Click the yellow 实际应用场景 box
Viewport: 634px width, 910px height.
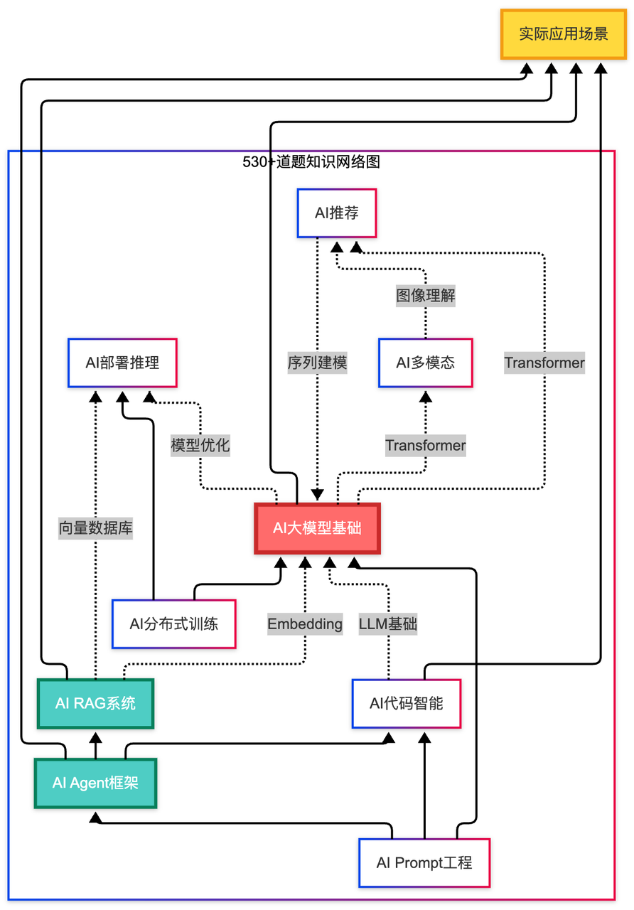(x=564, y=33)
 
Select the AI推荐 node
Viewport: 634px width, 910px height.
(x=336, y=213)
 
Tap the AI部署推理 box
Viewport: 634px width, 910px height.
(x=122, y=363)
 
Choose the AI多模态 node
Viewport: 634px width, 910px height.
(x=425, y=363)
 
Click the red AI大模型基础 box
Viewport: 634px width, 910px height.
(x=317, y=528)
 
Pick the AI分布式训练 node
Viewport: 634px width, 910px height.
(x=173, y=624)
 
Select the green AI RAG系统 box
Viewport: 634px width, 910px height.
(x=95, y=704)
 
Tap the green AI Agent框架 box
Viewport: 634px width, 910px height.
(x=95, y=783)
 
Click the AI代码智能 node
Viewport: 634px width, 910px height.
(x=407, y=704)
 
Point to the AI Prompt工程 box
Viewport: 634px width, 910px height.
(x=424, y=863)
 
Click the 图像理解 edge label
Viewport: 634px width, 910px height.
(x=426, y=295)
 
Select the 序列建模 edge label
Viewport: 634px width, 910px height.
(x=317, y=363)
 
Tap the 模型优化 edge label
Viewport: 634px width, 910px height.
(x=200, y=446)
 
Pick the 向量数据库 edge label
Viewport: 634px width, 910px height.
(x=96, y=528)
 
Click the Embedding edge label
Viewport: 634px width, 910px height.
(x=305, y=624)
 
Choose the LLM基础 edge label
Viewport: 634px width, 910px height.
(x=388, y=624)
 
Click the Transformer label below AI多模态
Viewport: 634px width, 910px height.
(x=426, y=446)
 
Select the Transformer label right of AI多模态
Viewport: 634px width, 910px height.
(x=544, y=363)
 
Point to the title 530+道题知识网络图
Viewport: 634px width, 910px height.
(x=311, y=162)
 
